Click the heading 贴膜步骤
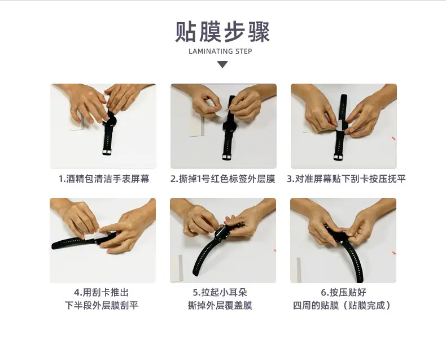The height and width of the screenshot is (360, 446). pyautogui.click(x=222, y=32)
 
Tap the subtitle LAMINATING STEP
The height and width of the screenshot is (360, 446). pyautogui.click(x=220, y=51)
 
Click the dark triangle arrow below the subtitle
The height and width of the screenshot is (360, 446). pyautogui.click(x=222, y=64)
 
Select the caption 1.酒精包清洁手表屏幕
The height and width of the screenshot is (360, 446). pyautogui.click(x=104, y=179)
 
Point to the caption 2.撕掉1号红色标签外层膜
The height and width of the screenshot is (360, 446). pyautogui.click(x=222, y=179)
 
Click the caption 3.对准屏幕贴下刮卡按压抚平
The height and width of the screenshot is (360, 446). pyautogui.click(x=346, y=179)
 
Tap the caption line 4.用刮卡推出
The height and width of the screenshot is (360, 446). pyautogui.click(x=101, y=292)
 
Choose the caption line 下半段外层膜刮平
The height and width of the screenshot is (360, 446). pyautogui.click(x=101, y=305)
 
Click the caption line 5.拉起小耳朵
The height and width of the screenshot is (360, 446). pyautogui.click(x=220, y=292)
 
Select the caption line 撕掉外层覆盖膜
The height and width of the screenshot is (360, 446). pyautogui.click(x=220, y=305)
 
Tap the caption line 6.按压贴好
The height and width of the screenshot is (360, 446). pyautogui.click(x=343, y=292)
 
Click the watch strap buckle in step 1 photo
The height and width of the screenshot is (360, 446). pyautogui.click(x=107, y=152)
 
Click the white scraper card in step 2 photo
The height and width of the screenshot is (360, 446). pyautogui.click(x=197, y=125)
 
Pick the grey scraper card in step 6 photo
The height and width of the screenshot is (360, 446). pyautogui.click(x=299, y=270)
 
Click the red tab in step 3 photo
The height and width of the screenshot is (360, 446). pyautogui.click(x=393, y=138)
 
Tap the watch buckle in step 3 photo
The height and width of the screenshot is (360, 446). pyautogui.click(x=339, y=157)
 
